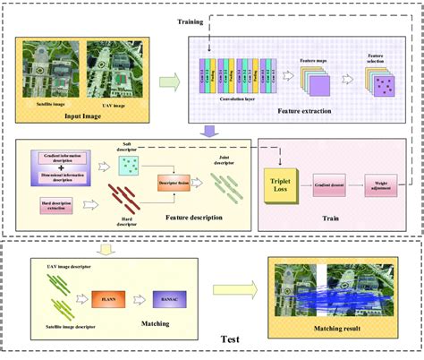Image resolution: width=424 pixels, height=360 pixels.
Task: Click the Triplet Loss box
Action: pyautogui.click(x=284, y=186)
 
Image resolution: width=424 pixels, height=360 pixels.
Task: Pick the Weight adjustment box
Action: pyautogui.click(x=382, y=186)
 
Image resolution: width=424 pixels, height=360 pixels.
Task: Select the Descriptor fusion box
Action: pyautogui.click(x=174, y=179)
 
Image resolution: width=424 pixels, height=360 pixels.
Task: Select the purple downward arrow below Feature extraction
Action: pyautogui.click(x=208, y=132)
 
